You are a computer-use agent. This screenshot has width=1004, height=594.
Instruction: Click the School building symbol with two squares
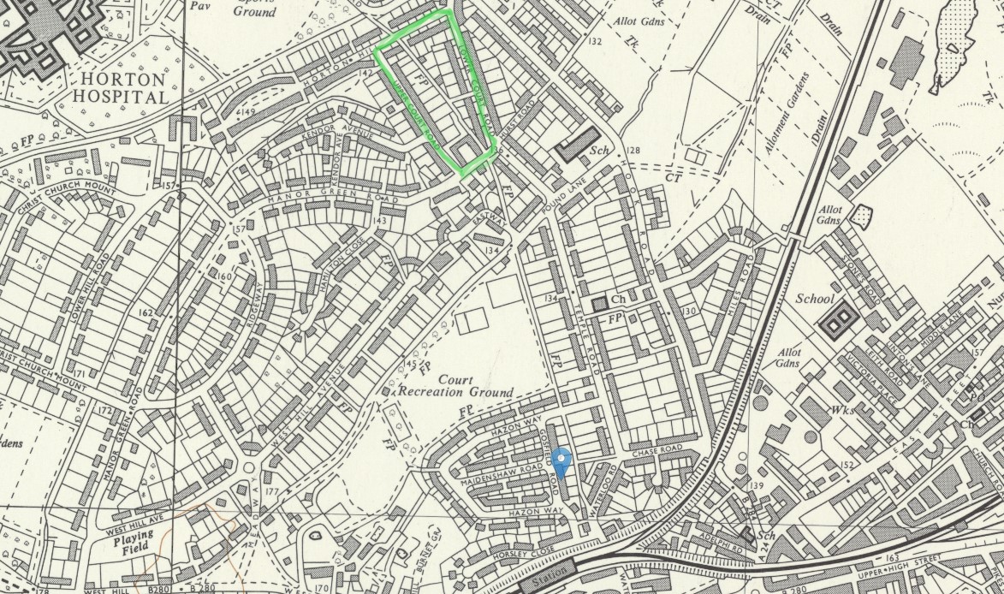click(838, 322)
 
